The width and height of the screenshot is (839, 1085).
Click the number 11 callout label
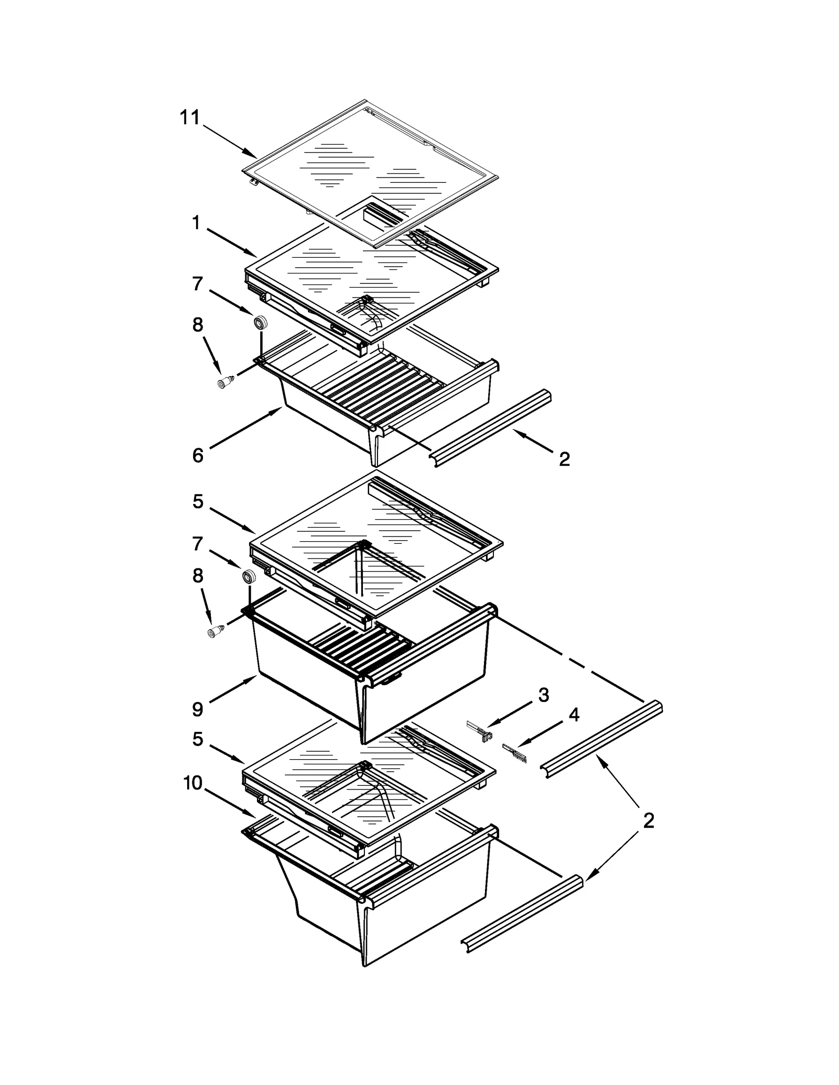pos(190,118)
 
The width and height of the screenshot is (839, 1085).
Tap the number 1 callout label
pos(196,224)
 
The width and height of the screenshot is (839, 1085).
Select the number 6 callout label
pos(198,455)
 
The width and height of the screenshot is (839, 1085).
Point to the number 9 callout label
pos(198,709)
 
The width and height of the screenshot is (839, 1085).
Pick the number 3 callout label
pos(544,695)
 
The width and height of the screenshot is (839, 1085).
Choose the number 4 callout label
pos(574,715)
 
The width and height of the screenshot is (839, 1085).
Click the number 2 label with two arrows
pos(649,821)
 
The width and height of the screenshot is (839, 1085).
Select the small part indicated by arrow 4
pos(514,753)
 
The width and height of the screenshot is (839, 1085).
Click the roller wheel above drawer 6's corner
pos(260,322)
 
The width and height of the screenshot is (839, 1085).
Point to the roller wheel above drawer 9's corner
pos(248,577)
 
